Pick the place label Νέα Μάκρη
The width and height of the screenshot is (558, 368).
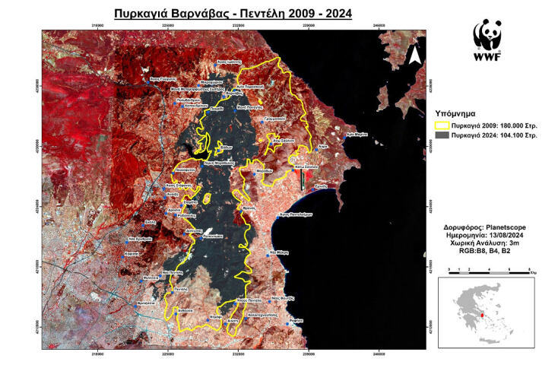tap(280, 251)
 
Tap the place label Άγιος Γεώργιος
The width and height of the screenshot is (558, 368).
tap(163, 79)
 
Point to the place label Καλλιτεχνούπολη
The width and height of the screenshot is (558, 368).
tap(265, 314)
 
